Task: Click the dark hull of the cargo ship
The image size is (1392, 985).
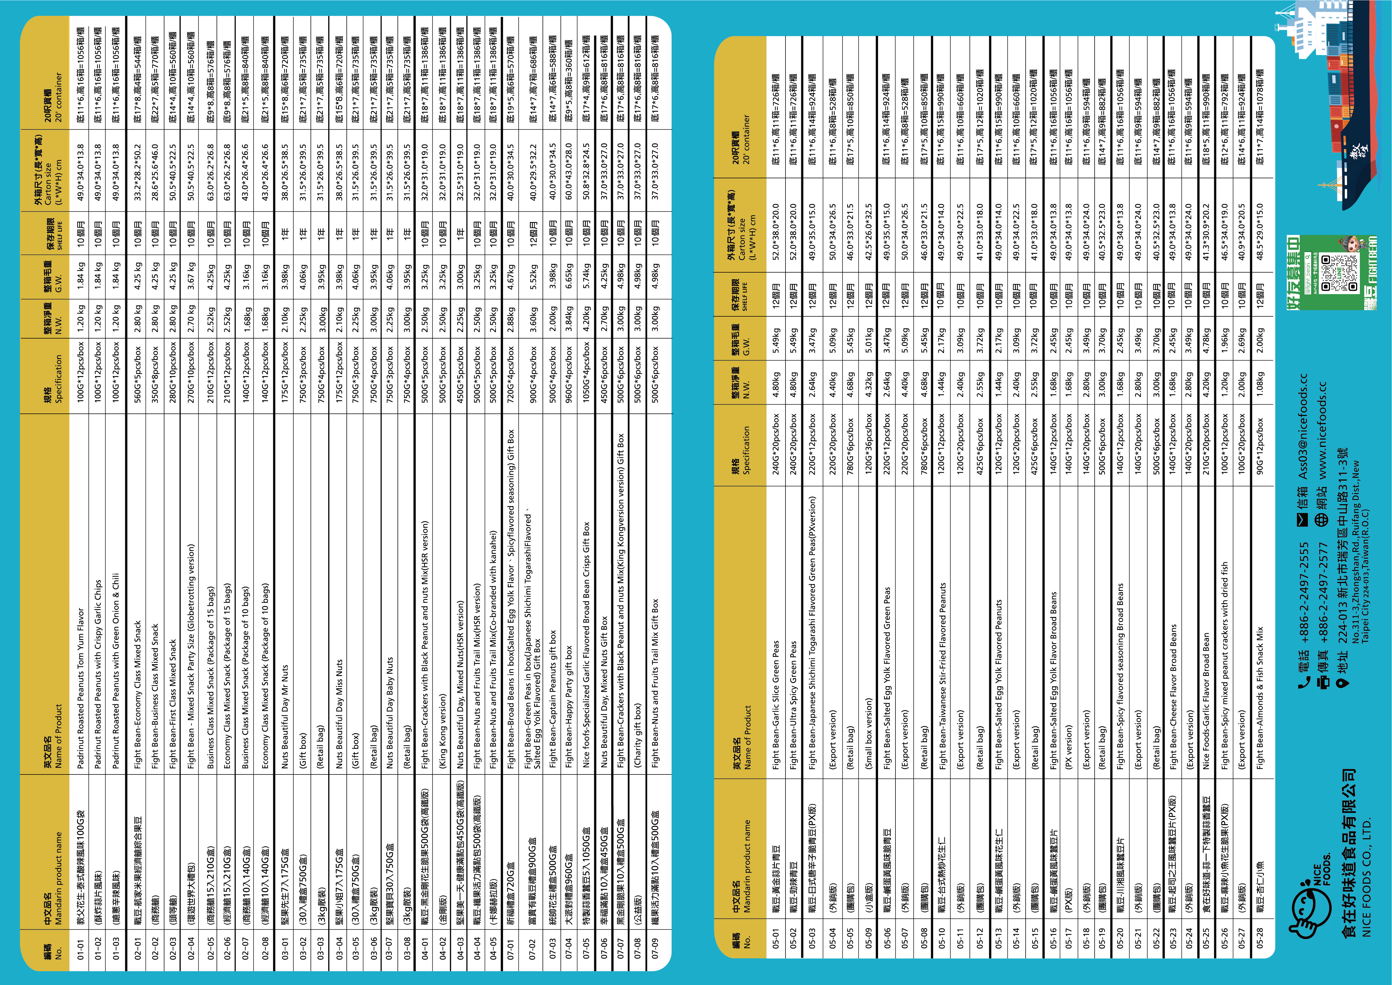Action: pos(1364,121)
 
